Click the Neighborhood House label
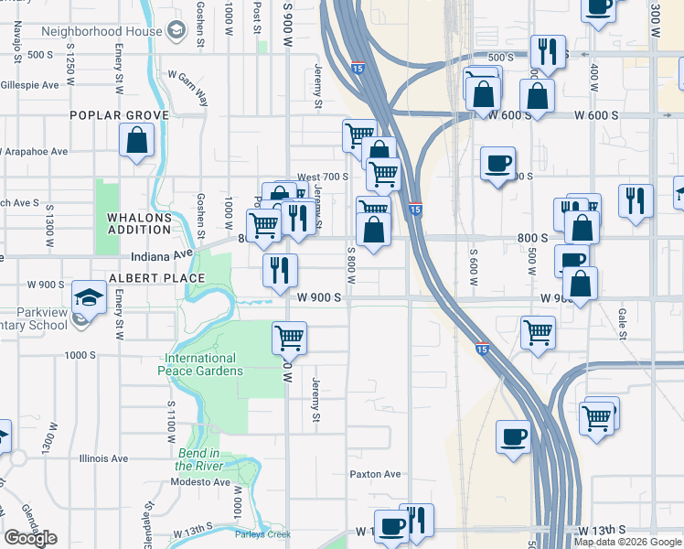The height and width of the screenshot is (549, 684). point(95,31)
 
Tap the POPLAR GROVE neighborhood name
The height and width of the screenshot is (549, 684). point(120,115)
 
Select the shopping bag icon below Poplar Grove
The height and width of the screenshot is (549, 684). point(136,141)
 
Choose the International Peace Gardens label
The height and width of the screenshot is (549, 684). point(200,364)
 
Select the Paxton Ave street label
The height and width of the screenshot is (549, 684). point(375,474)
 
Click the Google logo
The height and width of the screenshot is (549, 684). point(30,538)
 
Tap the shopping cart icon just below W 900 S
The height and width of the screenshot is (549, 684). point(289,338)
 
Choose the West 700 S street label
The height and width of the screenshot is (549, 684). point(324,177)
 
